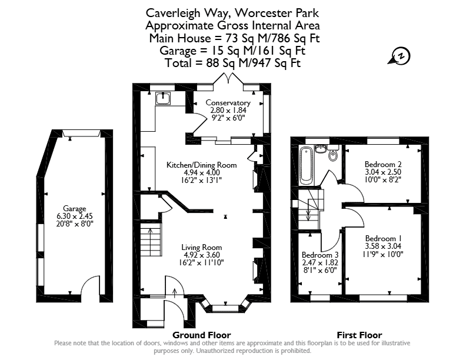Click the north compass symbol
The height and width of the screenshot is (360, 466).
click(x=400, y=56)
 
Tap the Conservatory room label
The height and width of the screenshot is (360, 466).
click(x=228, y=103)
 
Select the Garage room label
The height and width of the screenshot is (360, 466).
click(x=74, y=208)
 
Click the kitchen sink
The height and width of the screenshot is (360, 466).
click(x=163, y=98)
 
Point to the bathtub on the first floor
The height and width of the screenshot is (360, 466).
click(x=306, y=166)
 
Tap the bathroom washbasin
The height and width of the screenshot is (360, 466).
click(x=319, y=148)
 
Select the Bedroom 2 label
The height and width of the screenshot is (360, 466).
click(x=383, y=164)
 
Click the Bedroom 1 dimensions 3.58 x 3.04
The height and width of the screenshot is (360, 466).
click(x=383, y=246)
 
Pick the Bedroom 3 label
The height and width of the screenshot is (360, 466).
click(x=320, y=255)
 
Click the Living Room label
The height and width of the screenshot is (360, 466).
click(x=201, y=247)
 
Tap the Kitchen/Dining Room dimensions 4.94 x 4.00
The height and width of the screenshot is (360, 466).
click(x=202, y=172)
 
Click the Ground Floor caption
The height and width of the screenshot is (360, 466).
click(x=201, y=335)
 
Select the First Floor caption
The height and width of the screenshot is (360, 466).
click(x=360, y=335)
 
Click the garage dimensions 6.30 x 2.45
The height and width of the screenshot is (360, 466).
click(x=75, y=216)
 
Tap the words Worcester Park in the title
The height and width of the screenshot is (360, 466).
click(x=277, y=13)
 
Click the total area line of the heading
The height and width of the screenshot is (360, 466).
click(x=232, y=63)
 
